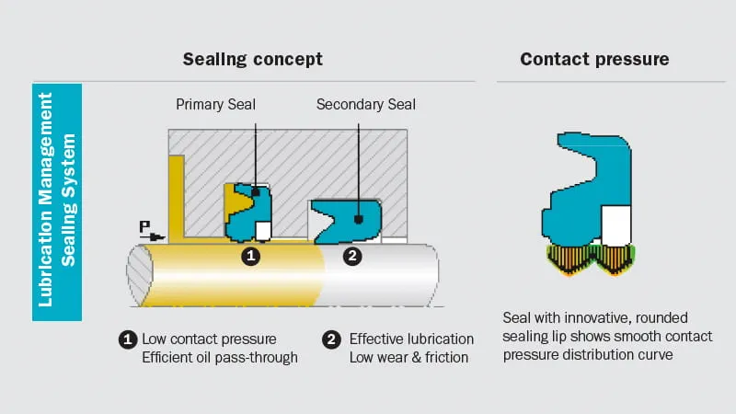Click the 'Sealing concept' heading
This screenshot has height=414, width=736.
252,60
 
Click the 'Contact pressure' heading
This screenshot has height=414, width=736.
594,60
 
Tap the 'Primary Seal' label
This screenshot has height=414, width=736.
215,105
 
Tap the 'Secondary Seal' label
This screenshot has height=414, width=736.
365,105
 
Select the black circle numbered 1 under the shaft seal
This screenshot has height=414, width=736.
250,256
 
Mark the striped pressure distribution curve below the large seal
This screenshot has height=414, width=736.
589,259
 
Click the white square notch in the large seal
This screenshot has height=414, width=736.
615,225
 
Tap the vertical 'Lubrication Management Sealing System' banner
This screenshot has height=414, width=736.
57,202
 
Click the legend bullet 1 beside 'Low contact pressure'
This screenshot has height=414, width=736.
128,339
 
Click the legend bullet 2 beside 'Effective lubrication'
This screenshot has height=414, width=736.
332,339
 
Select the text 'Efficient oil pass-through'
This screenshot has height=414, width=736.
219,357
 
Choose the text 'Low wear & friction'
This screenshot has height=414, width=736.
408,357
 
